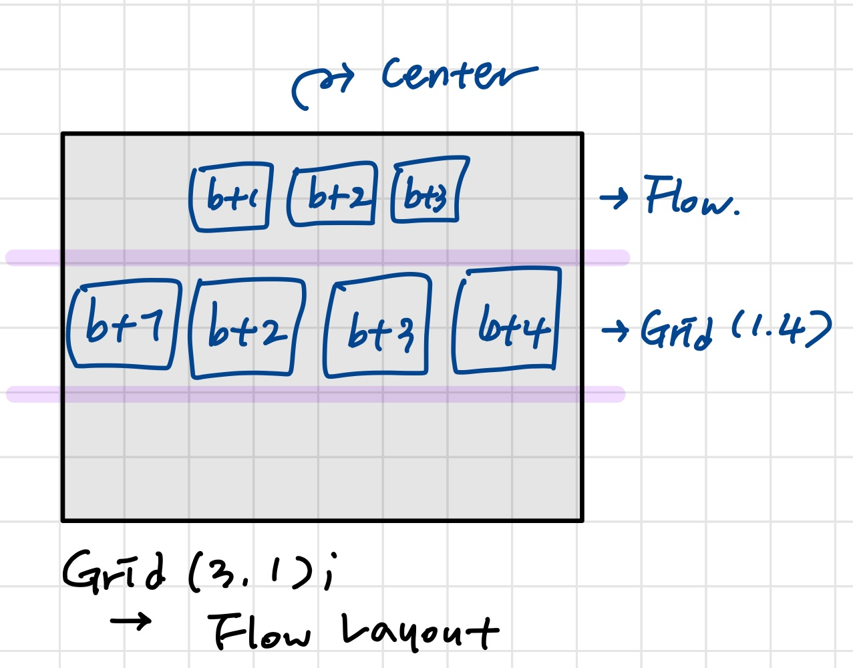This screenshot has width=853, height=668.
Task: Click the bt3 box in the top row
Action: pyautogui.click(x=428, y=191)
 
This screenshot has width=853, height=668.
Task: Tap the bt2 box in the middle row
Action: pyautogui.click(x=247, y=327)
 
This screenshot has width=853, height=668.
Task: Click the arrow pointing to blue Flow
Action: pyautogui.click(x=614, y=198)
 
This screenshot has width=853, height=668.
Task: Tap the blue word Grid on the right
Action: pyautogui.click(x=676, y=329)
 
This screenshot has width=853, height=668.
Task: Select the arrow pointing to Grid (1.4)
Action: pyautogui.click(x=615, y=329)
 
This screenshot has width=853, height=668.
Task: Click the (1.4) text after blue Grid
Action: pyautogui.click(x=782, y=329)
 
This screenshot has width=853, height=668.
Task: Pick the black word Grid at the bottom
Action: pyautogui.click(x=114, y=571)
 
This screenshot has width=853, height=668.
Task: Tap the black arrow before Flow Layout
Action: pyautogui.click(x=131, y=623)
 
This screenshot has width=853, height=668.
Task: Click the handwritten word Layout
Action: pyautogui.click(x=419, y=631)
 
